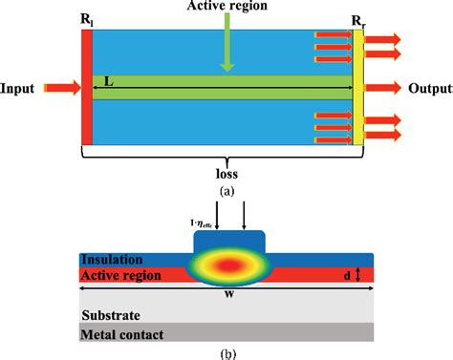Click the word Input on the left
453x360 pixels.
coord(19,88)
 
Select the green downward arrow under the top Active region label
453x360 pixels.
coord(226,48)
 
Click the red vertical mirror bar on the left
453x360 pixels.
coord(87,87)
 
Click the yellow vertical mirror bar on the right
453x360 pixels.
coord(358,87)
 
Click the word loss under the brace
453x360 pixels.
coord(223,175)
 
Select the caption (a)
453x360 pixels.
coord(226,191)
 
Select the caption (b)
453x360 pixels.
coord(226,353)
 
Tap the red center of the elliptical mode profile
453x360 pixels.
coord(226,264)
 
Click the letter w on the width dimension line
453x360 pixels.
coord(226,292)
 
